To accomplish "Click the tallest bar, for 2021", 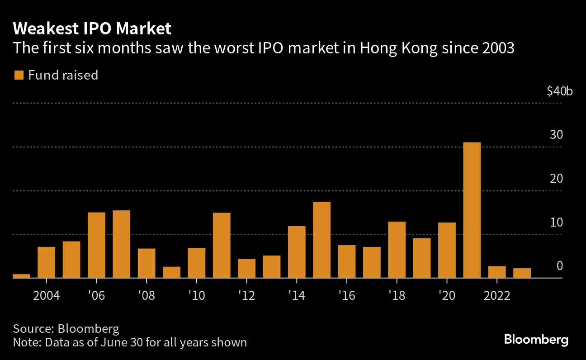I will pyautogui.click(x=472, y=210).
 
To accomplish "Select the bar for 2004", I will pyautogui.click(x=46, y=262).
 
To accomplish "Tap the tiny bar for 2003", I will pyautogui.click(x=21, y=276).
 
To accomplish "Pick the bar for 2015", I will pyautogui.click(x=321, y=240).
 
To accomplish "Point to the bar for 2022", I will pyautogui.click(x=497, y=272).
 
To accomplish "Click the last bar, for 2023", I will pyautogui.click(x=522, y=273).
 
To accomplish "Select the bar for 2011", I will pyautogui.click(x=222, y=245).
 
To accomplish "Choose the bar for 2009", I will pyautogui.click(x=171, y=272).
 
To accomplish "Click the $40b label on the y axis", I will pyautogui.click(x=559, y=91).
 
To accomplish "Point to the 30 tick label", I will pyautogui.click(x=556, y=135).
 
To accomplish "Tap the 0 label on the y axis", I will pyautogui.click(x=559, y=266).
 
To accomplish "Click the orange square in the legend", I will pyautogui.click(x=19, y=75).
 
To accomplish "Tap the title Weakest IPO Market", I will pyautogui.click(x=92, y=29).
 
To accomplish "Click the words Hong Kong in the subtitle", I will pyautogui.click(x=398, y=48).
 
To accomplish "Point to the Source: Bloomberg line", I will pyautogui.click(x=66, y=328).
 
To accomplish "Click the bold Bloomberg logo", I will pyautogui.click(x=536, y=340).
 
